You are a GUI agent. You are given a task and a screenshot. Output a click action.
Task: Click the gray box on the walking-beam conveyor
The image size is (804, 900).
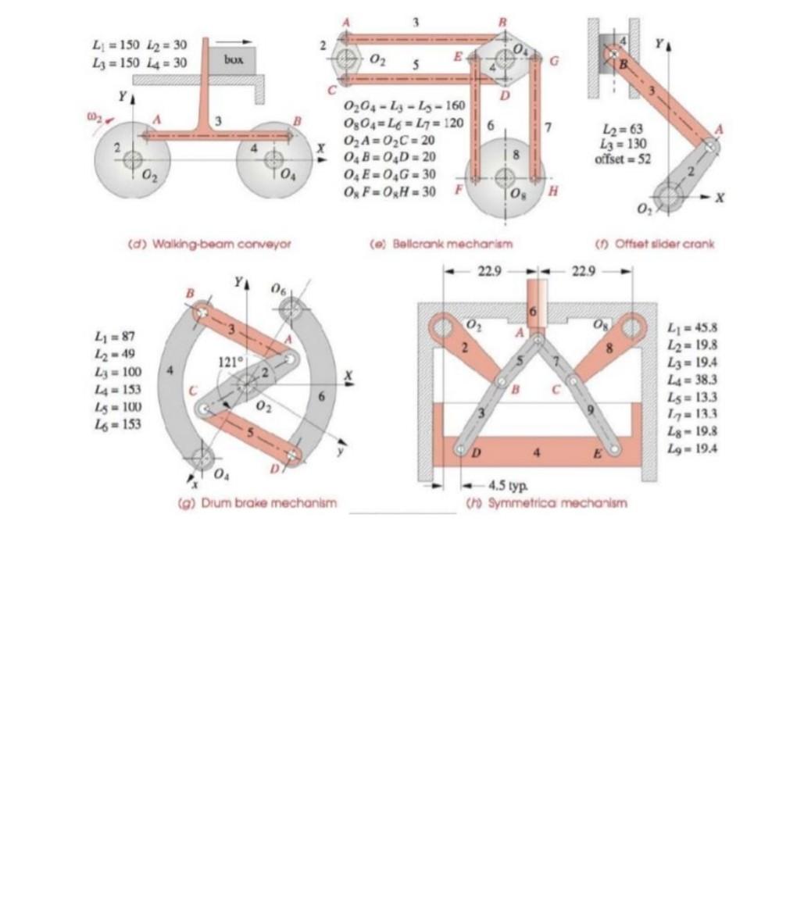click(x=232, y=60)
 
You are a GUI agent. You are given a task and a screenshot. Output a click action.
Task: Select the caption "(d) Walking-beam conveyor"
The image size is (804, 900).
click(x=209, y=244)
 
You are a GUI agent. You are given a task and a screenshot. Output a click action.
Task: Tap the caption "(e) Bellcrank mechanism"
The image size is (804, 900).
click(x=441, y=244)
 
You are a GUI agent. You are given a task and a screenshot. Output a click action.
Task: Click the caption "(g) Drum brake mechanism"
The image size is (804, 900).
click(x=258, y=503)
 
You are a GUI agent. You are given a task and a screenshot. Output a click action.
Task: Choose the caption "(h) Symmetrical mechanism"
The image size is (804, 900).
click(x=546, y=503)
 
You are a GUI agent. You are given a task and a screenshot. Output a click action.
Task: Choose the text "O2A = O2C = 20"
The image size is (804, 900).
click(x=389, y=141)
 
